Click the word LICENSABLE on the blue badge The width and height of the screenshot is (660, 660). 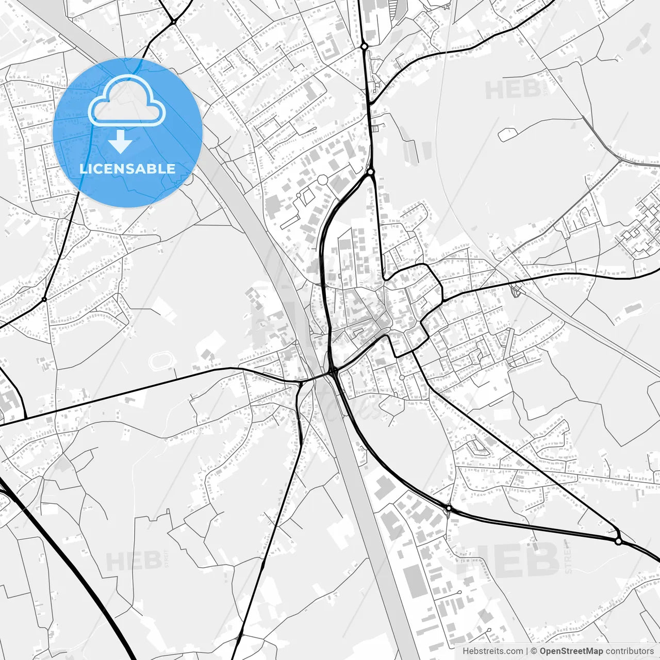[127, 169]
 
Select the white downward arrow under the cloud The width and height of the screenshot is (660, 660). [121, 142]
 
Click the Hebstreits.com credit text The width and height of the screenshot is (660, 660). [492, 651]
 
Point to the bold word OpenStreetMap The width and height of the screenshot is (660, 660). [571, 651]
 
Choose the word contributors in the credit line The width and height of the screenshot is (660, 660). [629, 651]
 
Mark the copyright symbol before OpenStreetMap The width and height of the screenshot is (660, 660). [534, 651]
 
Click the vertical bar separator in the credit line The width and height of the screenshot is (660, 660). [527, 651]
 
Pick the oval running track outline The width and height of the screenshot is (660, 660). [162, 361]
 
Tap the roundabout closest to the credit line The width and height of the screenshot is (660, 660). [618, 541]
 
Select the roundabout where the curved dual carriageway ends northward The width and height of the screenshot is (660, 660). [370, 172]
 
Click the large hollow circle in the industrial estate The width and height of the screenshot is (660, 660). [323, 180]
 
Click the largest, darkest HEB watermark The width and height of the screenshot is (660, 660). [508, 559]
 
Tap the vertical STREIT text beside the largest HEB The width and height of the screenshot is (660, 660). [568, 557]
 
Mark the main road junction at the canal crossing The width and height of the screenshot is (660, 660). [333, 370]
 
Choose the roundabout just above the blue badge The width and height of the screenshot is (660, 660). [174, 22]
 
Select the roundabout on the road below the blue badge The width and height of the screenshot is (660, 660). [44, 299]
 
